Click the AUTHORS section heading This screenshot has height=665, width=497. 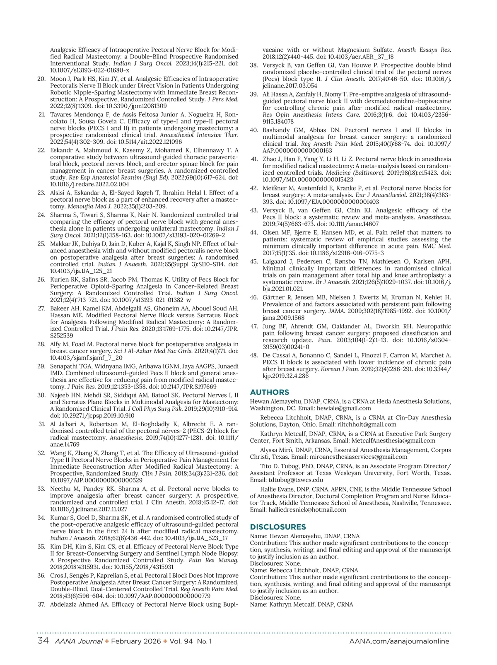270,392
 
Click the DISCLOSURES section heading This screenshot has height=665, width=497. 278,527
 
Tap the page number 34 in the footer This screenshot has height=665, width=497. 43,641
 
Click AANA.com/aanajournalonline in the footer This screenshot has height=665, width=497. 399,641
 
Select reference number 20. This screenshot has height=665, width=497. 41,79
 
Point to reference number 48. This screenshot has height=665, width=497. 254,355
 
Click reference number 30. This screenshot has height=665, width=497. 41,395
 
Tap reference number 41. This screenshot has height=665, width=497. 254,159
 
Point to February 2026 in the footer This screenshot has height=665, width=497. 136,641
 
